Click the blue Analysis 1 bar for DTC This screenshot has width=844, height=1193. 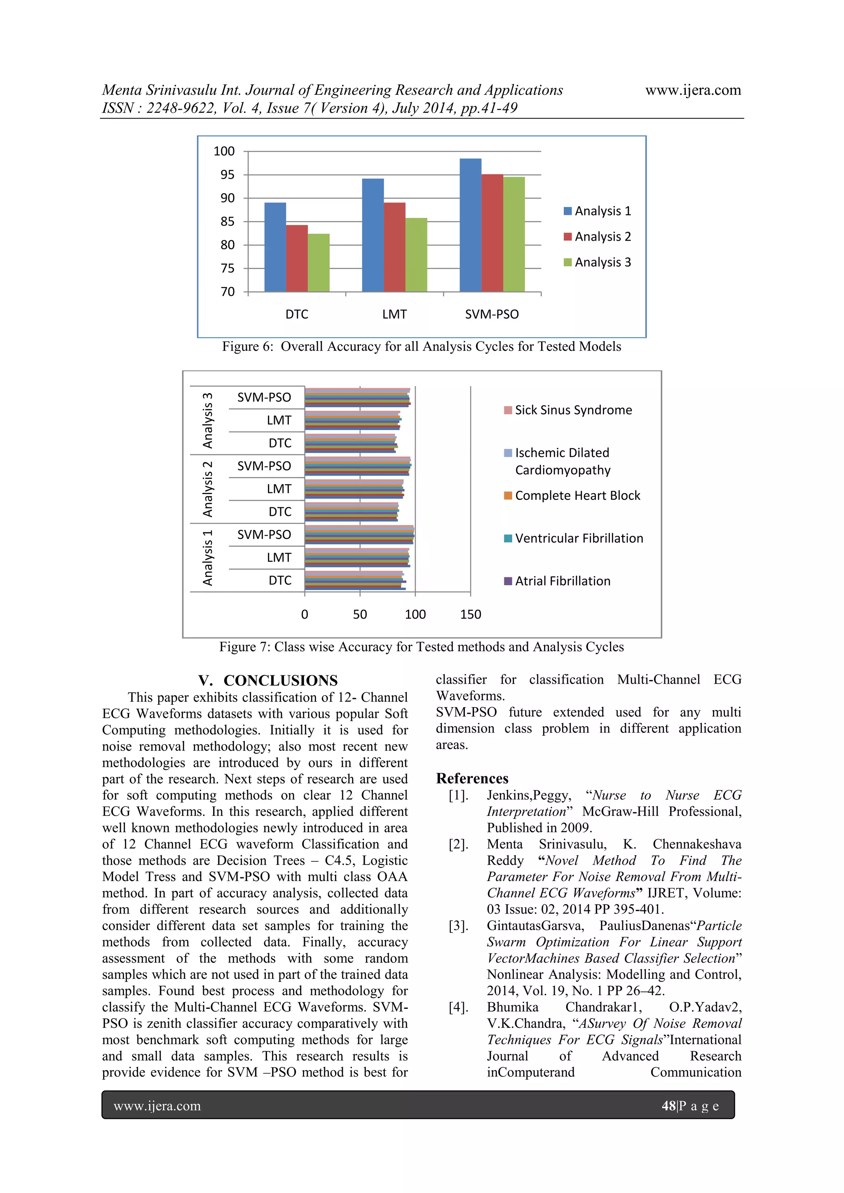[275, 247]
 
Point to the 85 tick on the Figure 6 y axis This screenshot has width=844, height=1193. [227, 221]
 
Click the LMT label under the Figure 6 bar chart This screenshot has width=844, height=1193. [394, 314]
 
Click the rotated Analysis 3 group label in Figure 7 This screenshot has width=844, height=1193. [207, 420]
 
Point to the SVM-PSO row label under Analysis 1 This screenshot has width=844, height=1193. [264, 534]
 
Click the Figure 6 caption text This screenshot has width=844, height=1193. [422, 347]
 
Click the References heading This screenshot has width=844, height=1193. [472, 778]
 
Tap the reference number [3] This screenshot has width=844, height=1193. [458, 926]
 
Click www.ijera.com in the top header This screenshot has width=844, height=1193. [693, 90]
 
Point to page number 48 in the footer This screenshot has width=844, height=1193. [668, 1106]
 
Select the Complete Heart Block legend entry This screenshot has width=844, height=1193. [577, 496]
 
